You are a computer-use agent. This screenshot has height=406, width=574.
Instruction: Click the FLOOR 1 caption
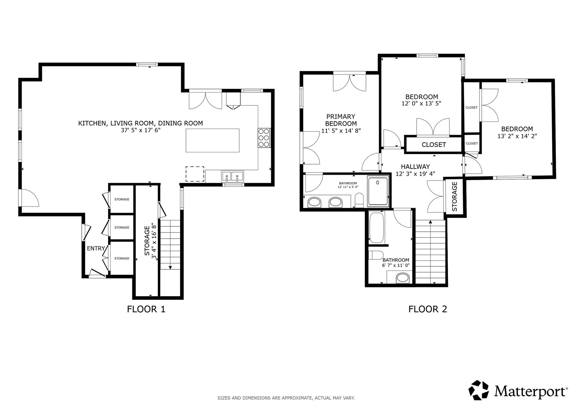pyautogui.click(x=146, y=309)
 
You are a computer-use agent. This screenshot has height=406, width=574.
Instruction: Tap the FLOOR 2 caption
pyautogui.click(x=427, y=309)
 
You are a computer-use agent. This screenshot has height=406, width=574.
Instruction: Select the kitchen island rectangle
pyautogui.click(x=212, y=140)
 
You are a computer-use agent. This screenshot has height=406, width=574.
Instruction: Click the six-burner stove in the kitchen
pyautogui.click(x=264, y=138)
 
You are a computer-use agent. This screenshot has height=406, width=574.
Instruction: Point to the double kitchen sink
pyautogui.click(x=233, y=177)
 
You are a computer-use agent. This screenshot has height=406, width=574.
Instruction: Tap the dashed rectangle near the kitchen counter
pyautogui.click(x=195, y=174)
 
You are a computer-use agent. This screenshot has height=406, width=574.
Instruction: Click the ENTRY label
pyautogui.click(x=96, y=248)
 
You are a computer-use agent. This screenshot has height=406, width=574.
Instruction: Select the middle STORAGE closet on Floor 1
pyautogui.click(x=122, y=227)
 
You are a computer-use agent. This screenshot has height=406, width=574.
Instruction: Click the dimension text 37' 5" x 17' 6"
pyautogui.click(x=141, y=130)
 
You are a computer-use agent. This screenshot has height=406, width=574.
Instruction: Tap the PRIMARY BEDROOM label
pyautogui.click(x=341, y=120)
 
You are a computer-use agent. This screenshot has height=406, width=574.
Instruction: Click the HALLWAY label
pyautogui.click(x=415, y=167)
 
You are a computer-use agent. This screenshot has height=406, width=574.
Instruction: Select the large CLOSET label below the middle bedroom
pyautogui.click(x=434, y=145)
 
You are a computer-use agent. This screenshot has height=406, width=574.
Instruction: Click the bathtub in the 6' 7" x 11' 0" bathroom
pyautogui.click(x=376, y=228)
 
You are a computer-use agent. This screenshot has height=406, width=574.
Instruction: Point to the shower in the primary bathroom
pyautogui.click(x=378, y=191)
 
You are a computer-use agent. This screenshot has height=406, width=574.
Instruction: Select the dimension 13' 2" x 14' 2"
pyautogui.click(x=517, y=136)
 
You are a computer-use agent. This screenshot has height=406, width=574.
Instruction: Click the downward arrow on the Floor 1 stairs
pyautogui.click(x=170, y=268)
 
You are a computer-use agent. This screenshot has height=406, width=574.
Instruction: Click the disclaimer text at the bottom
pyautogui.click(x=286, y=398)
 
